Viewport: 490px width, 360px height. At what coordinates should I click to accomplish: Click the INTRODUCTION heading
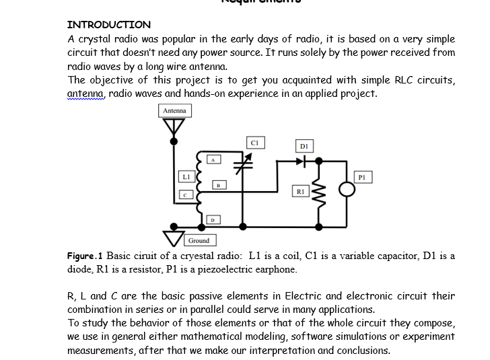[x=109, y=25]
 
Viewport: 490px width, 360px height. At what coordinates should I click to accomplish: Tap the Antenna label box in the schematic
[x=175, y=110]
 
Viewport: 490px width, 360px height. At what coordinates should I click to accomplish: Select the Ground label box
[x=199, y=240]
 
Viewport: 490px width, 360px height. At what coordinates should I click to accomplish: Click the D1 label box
[x=304, y=145]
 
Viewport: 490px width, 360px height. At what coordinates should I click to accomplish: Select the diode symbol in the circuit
[x=304, y=161]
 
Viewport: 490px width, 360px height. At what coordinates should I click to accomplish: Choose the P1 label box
[x=363, y=176]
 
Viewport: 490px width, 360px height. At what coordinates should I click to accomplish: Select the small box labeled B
[x=218, y=184]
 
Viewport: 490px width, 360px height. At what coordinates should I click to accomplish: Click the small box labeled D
[x=213, y=219]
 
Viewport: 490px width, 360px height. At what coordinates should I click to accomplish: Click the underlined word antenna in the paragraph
[x=86, y=94]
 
